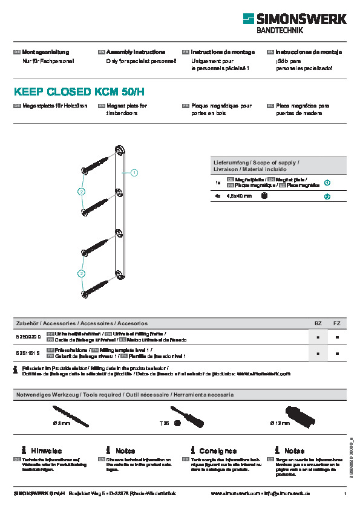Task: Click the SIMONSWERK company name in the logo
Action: click(x=302, y=19)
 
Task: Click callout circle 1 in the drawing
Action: click(x=134, y=173)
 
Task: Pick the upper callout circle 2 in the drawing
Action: click(x=80, y=192)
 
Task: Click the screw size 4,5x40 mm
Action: click(x=239, y=196)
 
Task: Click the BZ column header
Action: click(x=318, y=323)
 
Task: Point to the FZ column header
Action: click(x=337, y=323)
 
